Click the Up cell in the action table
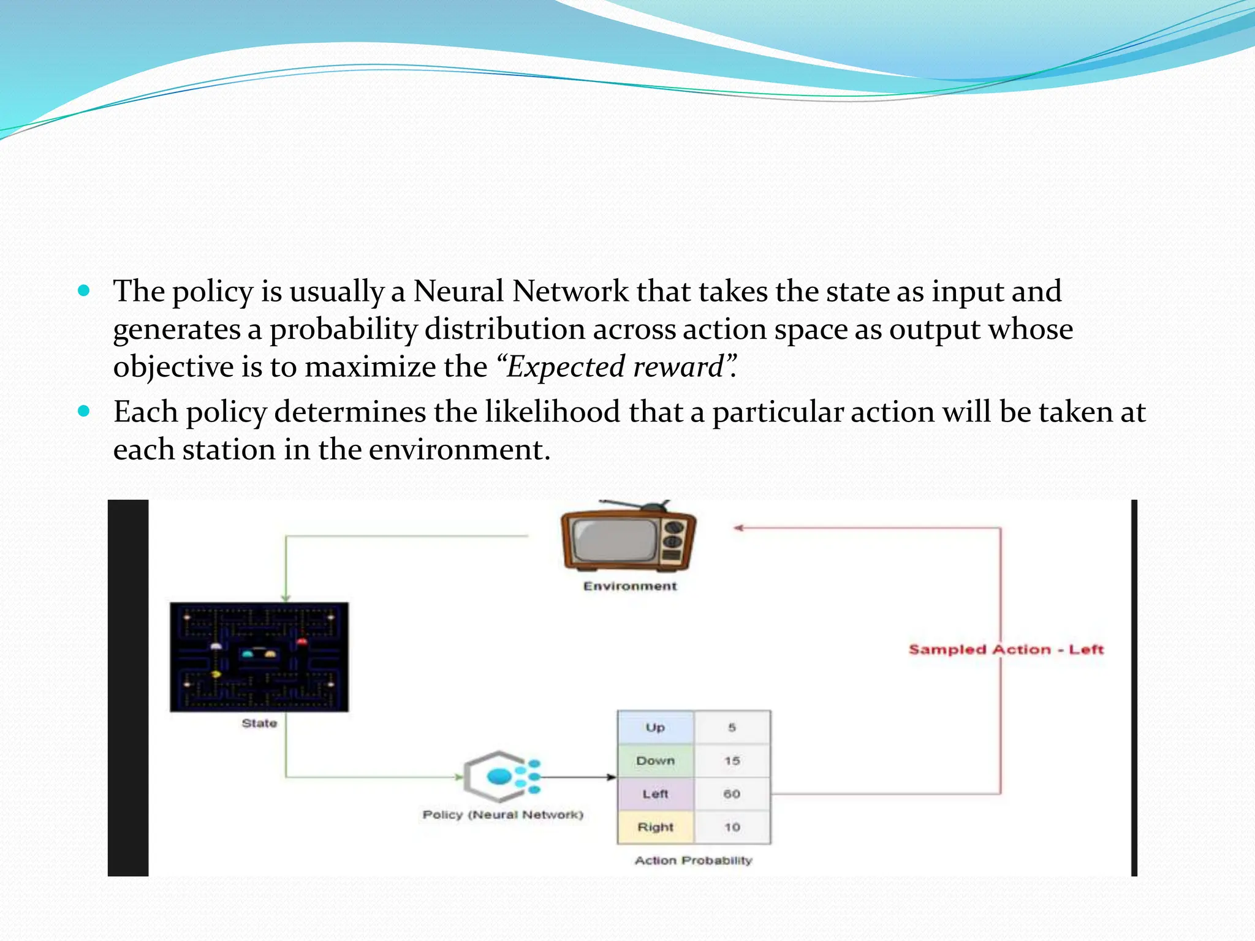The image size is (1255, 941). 655,727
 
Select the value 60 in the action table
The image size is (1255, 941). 732,794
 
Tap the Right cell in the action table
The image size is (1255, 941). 655,827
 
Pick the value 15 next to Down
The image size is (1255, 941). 732,761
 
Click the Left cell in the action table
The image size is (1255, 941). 655,794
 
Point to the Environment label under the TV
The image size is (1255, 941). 630,586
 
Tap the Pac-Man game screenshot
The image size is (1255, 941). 259,657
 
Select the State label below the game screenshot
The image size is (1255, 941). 259,724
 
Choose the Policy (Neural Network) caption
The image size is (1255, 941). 502,815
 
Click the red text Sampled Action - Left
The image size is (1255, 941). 1006,649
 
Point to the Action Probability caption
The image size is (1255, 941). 693,860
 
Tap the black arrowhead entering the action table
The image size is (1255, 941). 611,777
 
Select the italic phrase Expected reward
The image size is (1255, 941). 615,367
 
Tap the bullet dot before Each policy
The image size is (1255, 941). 85,411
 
